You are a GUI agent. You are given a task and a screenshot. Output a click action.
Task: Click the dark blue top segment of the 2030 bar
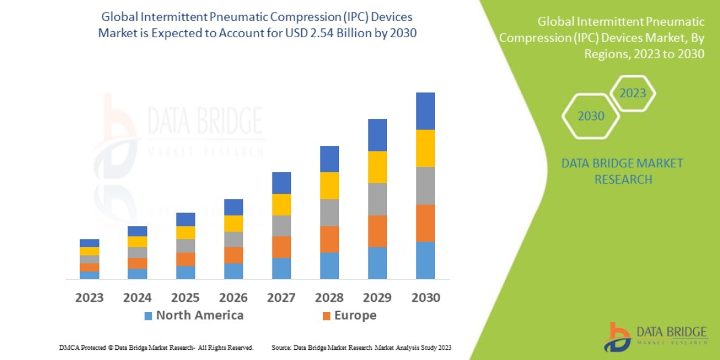click(x=425, y=111)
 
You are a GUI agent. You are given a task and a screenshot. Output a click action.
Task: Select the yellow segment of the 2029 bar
click(x=377, y=167)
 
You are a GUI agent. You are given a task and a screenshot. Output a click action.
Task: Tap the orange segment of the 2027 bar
click(x=281, y=247)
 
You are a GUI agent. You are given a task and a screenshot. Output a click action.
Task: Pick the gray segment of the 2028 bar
click(x=329, y=212)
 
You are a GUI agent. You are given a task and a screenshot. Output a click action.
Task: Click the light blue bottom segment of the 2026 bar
click(x=233, y=271)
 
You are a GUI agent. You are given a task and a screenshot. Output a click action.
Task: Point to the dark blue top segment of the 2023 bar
click(x=89, y=243)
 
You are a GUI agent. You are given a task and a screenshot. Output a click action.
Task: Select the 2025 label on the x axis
click(x=185, y=298)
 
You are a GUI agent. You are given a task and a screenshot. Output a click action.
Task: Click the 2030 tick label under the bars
click(x=425, y=298)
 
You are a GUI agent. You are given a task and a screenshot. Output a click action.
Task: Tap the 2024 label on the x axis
click(x=137, y=298)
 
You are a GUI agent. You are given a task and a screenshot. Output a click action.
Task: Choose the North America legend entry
click(x=193, y=316)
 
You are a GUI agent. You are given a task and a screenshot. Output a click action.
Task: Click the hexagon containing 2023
click(x=632, y=93)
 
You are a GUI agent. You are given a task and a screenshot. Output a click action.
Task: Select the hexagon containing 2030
click(x=590, y=116)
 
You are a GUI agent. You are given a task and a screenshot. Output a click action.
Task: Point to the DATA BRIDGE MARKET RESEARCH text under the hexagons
click(x=622, y=171)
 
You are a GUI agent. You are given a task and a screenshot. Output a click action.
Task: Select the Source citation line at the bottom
click(x=361, y=347)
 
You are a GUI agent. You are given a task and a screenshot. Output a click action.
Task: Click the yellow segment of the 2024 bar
click(x=137, y=242)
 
